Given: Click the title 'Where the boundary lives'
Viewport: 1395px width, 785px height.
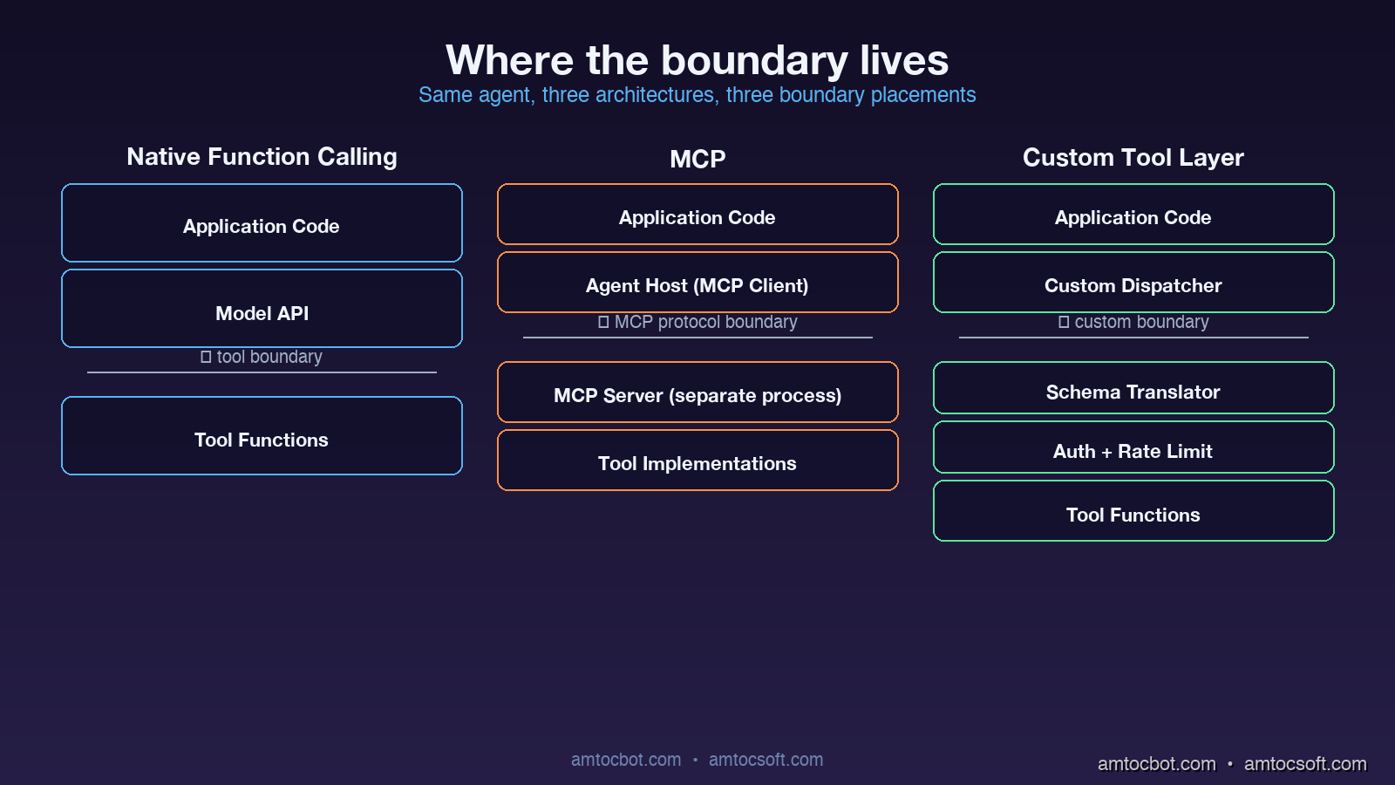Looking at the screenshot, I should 697,60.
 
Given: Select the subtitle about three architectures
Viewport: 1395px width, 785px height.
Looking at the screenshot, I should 697,95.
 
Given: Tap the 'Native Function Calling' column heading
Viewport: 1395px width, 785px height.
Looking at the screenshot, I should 262,157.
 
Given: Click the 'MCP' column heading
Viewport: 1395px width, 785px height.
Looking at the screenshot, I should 697,159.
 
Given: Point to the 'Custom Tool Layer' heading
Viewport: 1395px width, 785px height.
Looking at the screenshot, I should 1133,158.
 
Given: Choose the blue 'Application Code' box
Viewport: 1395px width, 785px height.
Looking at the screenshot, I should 262,223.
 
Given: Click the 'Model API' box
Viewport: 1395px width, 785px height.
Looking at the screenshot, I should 262,309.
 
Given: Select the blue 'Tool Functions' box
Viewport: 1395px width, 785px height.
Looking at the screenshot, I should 262,436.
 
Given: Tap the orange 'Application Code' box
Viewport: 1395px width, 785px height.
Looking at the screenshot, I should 697,215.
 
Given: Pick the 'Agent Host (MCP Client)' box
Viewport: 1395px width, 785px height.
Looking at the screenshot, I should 697,283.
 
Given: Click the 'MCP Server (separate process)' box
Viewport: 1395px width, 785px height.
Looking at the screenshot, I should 697,392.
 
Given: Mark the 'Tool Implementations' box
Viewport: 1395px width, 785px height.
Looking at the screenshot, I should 697,461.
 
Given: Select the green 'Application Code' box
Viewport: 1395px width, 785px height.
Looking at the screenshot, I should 1133,215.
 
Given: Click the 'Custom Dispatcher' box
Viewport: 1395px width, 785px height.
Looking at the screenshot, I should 1133,283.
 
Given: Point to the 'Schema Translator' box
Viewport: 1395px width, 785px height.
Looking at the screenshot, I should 1133,388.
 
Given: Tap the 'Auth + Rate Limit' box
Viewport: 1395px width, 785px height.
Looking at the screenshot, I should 1133,447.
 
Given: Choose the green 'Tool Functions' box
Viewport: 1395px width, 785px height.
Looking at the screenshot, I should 1133,511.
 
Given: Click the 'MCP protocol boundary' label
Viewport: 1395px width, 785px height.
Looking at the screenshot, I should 704,322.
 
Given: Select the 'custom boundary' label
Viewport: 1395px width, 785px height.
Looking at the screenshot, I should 1140,322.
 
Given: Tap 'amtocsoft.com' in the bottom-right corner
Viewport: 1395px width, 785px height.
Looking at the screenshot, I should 1305,764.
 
